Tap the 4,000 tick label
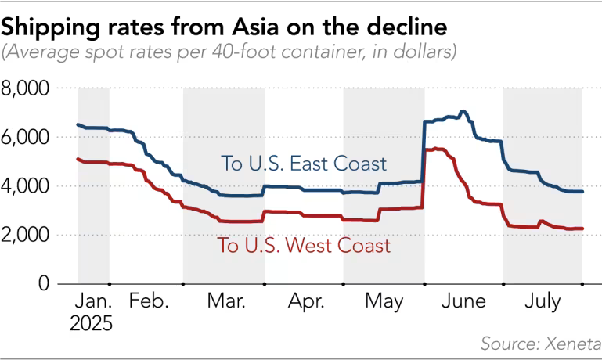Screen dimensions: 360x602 point(26,186)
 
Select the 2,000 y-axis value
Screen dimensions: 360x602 point(26,235)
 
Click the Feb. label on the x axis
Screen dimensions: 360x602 point(150,302)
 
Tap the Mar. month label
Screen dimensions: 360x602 point(225,302)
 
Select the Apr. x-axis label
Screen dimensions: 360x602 point(305,302)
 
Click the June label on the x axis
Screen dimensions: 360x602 point(463,302)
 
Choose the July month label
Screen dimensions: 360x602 point(543,302)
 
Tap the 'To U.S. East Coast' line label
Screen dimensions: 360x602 point(304,164)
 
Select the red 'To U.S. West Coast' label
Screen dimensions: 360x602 point(304,246)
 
